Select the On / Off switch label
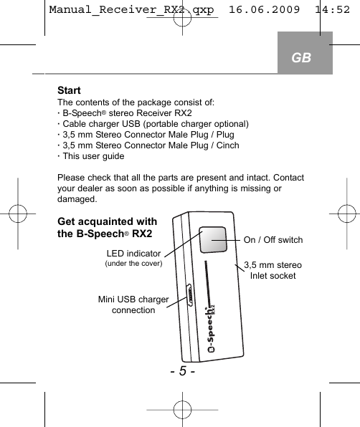(273, 240)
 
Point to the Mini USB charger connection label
(133, 304)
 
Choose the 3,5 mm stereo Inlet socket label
(273, 271)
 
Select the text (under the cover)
(134, 264)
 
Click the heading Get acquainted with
(107, 221)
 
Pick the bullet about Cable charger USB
(154, 124)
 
